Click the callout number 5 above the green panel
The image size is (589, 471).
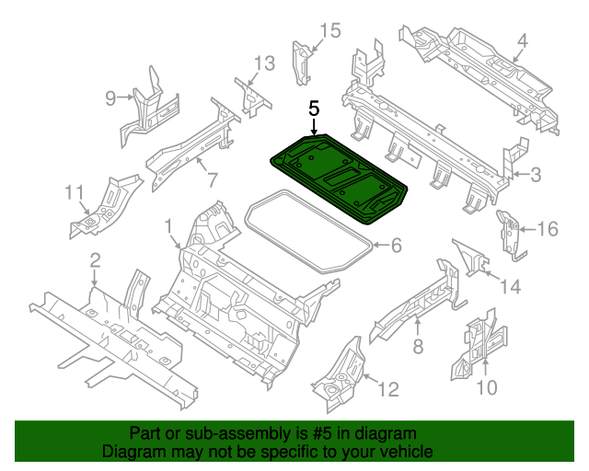pos(315,109)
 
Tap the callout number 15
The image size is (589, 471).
pos(329,31)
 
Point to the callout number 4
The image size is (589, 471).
pos(522,41)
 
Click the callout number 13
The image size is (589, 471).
pos(264,63)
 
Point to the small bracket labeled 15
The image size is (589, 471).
pos(300,61)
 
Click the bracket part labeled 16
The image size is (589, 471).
pos(506,232)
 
